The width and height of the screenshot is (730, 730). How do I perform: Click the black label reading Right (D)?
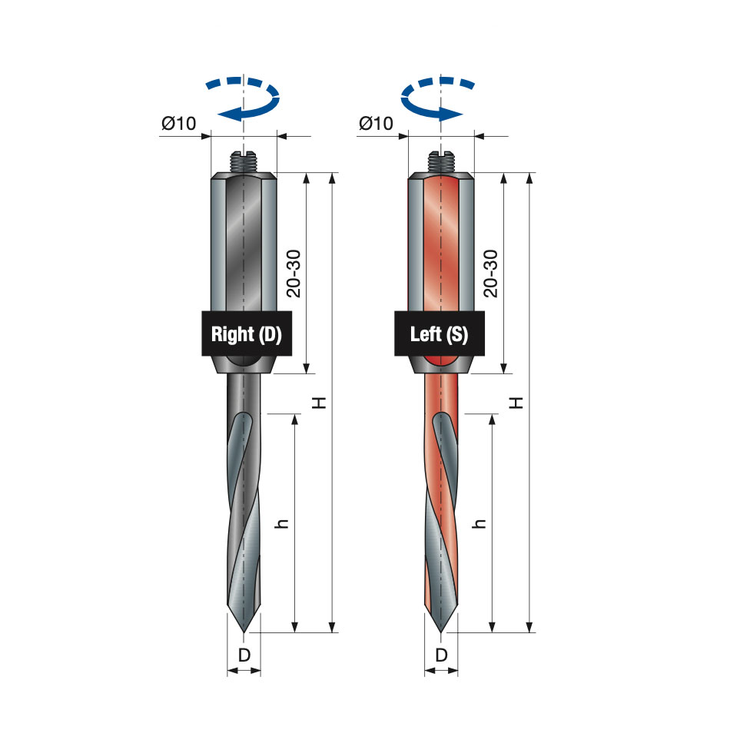pyautogui.click(x=247, y=333)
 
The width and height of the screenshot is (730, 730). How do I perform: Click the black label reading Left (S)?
pyautogui.click(x=440, y=333)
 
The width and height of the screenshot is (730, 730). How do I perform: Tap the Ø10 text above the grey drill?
pyautogui.click(x=179, y=124)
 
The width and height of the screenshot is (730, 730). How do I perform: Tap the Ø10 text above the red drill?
pyautogui.click(x=377, y=124)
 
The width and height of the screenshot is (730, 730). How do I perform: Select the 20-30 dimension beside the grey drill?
pyautogui.click(x=294, y=274)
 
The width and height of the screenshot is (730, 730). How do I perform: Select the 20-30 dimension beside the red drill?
pyautogui.click(x=491, y=274)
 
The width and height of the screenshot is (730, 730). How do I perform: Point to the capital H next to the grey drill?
pyautogui.click(x=320, y=403)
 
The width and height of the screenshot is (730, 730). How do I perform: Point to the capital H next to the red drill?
pyautogui.click(x=516, y=403)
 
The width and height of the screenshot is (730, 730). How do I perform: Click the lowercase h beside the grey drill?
pyautogui.click(x=282, y=523)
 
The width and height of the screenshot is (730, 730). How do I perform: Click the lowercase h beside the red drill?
pyautogui.click(x=479, y=523)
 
